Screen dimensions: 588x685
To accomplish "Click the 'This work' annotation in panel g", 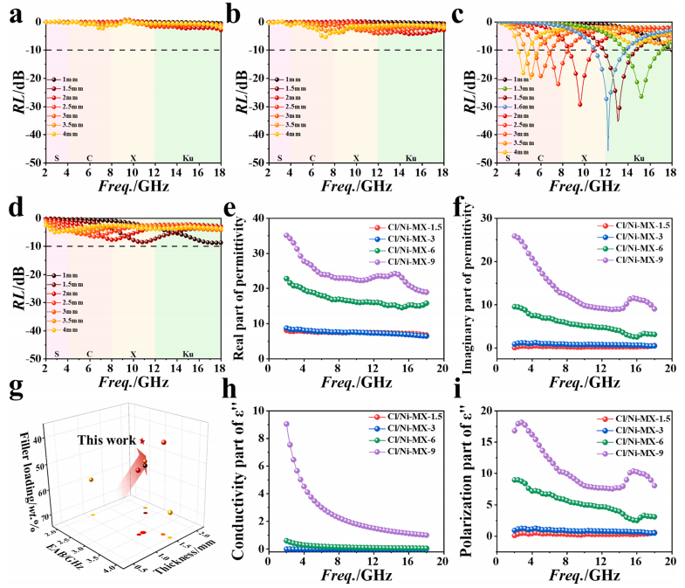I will pos(106,442).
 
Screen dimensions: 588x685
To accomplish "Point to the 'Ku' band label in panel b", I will pos(410,157).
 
